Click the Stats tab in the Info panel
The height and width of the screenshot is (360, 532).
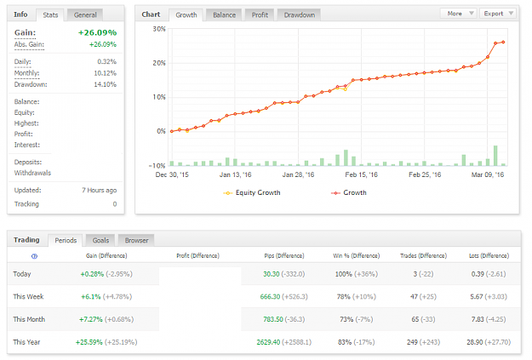click(50, 15)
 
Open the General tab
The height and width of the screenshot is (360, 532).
click(85, 15)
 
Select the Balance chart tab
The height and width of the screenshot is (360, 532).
click(224, 15)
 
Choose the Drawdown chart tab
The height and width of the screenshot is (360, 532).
click(300, 15)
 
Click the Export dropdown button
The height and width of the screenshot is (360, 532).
click(498, 14)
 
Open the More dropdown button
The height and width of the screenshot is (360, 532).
click(459, 14)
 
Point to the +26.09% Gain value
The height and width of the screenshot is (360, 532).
click(97, 32)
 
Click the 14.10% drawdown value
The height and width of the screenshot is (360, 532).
click(106, 84)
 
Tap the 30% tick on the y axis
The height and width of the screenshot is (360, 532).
click(159, 29)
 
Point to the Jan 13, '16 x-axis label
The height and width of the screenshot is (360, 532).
click(235, 174)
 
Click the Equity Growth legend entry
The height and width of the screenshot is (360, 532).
click(252, 192)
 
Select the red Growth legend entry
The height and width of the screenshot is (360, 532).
click(349, 192)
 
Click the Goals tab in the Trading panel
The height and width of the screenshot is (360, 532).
click(100, 240)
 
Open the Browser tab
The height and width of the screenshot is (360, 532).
click(136, 240)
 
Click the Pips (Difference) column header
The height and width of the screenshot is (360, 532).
click(284, 256)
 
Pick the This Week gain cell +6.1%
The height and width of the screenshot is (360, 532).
click(91, 297)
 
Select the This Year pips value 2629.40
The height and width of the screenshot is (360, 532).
click(268, 342)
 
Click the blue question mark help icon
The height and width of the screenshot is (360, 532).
click(34, 256)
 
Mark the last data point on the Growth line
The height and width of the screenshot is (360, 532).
click(503, 42)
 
